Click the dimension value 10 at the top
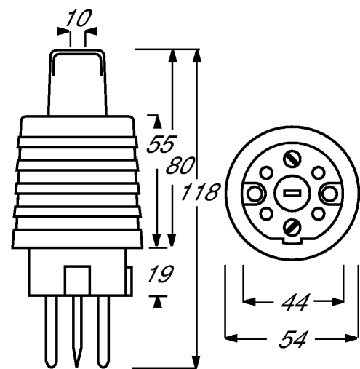(78, 18)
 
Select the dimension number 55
(161, 144)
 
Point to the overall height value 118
(201, 192)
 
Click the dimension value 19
(161, 274)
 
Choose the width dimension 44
(294, 302)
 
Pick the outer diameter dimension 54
(292, 338)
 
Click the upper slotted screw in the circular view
(292, 159)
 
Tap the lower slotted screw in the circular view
(292, 226)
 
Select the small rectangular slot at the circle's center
(292, 194)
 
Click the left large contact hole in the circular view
(255, 194)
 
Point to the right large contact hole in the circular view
(329, 194)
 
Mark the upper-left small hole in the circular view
(266, 172)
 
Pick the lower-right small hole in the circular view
(319, 214)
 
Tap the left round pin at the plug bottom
(52, 331)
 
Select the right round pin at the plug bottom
(103, 331)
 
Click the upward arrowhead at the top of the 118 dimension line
(197, 55)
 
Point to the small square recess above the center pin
(77, 280)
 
